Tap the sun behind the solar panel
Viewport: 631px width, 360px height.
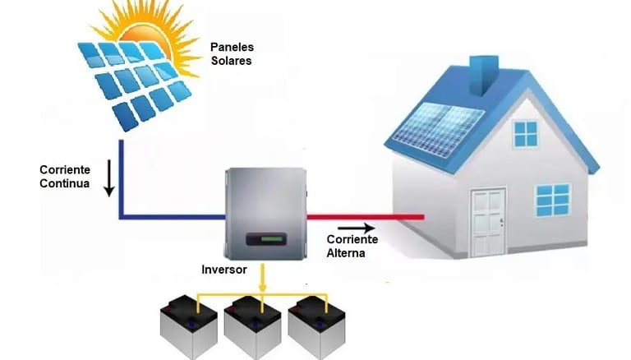click(156, 33)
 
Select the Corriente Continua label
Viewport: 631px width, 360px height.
click(65, 176)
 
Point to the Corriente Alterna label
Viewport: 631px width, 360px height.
click(352, 246)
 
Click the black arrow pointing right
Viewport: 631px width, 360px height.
click(356, 228)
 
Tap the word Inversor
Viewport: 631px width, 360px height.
click(224, 270)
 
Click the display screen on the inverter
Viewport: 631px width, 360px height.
click(267, 240)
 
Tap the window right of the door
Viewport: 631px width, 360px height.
click(552, 199)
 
